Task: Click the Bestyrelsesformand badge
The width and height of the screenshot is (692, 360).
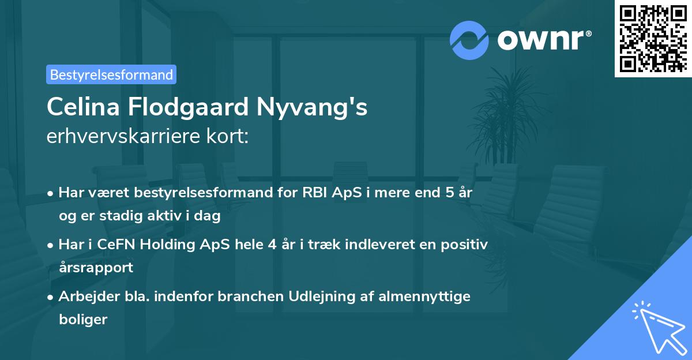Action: coord(111,74)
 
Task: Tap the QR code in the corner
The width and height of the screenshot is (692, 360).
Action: coord(652,39)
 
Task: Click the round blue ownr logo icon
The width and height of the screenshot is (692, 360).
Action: coord(469,40)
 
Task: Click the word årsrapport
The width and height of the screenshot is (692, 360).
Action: coord(96,268)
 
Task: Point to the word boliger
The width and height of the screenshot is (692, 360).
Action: coord(83,320)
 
